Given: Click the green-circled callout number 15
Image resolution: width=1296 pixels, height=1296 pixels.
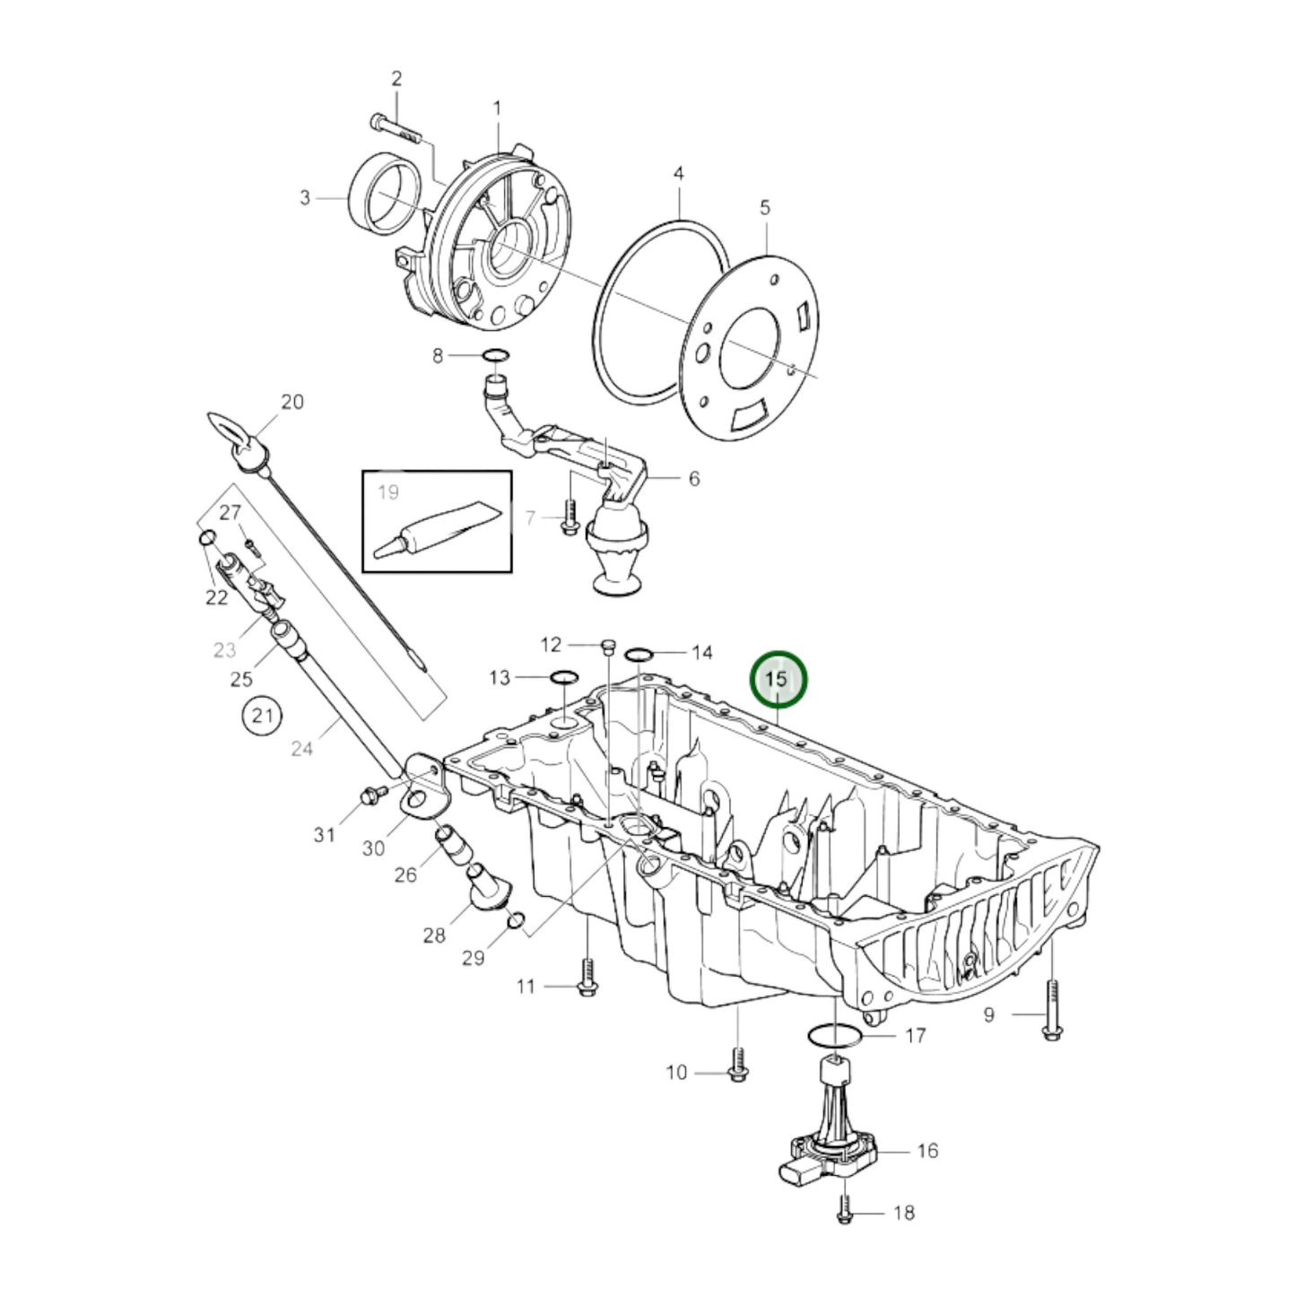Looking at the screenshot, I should point(778,680).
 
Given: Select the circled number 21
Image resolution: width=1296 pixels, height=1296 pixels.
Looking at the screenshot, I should point(261,716).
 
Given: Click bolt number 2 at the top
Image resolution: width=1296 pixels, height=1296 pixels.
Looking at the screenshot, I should point(395,126).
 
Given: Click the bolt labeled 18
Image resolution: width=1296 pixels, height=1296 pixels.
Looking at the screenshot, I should point(844,1214).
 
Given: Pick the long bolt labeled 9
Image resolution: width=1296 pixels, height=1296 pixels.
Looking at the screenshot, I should point(1052,1013).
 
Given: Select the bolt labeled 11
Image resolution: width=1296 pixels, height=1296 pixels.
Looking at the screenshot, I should point(587,985).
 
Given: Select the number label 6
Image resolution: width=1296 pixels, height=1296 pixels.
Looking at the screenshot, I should point(693,479).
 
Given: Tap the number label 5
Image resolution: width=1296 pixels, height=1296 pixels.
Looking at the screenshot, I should point(764,208).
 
